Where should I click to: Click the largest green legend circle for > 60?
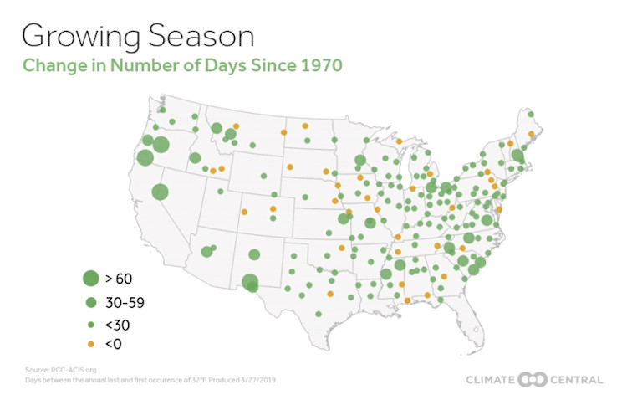point(90,279)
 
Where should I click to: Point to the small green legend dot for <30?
point(90,323)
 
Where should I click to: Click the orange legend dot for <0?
point(90,344)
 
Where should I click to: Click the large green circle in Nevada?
point(160,192)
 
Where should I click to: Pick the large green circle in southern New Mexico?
point(249,283)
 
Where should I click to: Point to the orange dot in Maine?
point(531,133)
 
